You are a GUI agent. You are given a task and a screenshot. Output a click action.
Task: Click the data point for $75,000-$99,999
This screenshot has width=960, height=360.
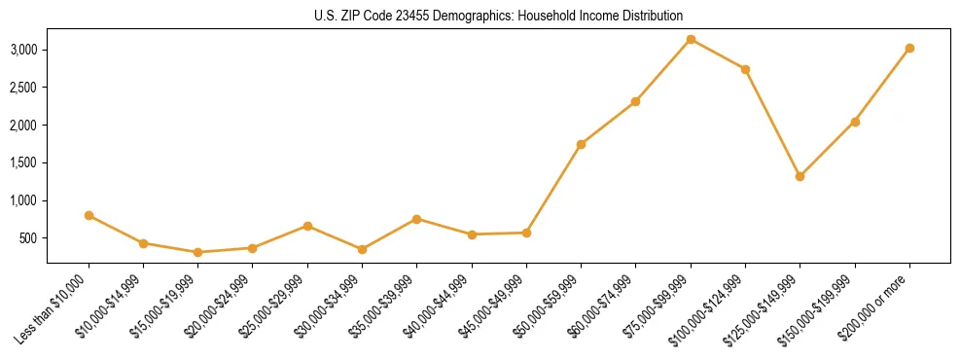tap(691, 39)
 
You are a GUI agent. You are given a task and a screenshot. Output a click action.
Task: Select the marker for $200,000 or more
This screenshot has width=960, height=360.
tap(909, 48)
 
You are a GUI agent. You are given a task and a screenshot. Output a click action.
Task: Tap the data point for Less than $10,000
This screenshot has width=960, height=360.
tap(89, 215)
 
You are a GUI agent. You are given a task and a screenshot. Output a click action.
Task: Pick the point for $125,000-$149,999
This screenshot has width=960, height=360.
tap(800, 176)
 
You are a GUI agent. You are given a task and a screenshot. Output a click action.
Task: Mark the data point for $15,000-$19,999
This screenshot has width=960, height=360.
tap(198, 252)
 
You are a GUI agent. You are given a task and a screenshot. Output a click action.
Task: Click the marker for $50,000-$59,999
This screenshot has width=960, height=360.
tap(581, 144)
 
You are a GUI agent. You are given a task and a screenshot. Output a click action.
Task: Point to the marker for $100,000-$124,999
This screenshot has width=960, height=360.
tap(745, 69)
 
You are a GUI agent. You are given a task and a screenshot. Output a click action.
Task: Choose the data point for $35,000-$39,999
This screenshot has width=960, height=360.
tap(416, 219)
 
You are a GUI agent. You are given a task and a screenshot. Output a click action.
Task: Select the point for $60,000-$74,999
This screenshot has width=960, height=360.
tap(635, 101)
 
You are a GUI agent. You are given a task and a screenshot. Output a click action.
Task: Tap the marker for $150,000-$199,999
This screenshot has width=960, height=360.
tap(855, 122)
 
